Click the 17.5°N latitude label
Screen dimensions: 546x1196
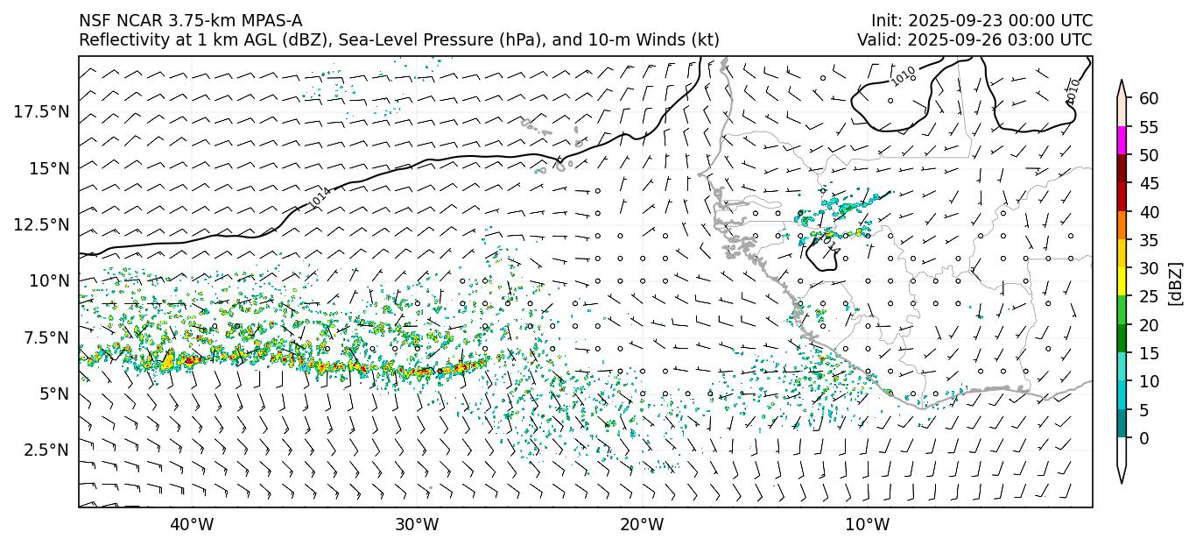42,111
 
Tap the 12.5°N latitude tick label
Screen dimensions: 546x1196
42,224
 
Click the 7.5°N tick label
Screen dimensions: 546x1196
46,337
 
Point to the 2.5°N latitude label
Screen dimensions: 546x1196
46,450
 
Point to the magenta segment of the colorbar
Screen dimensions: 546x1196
1122,141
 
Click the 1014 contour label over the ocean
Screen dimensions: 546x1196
320,197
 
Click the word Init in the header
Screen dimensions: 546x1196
885,20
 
